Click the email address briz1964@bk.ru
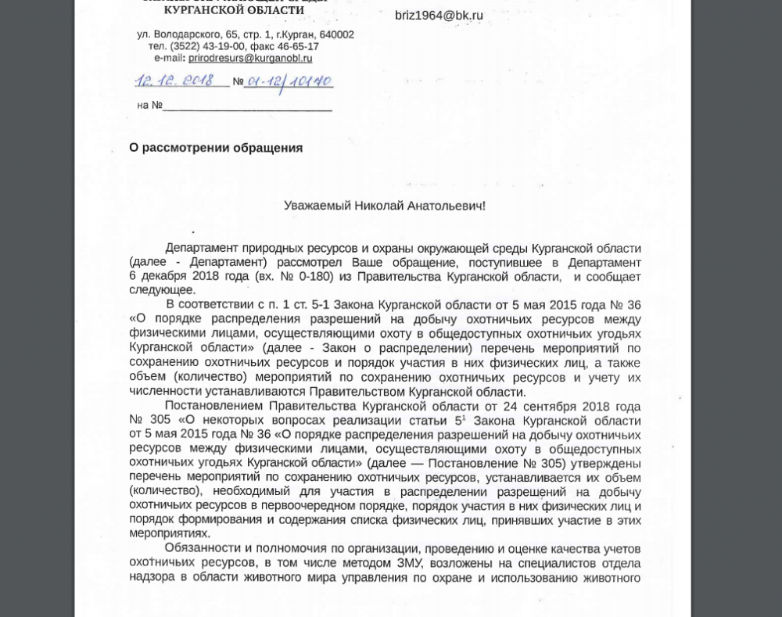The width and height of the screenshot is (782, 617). point(439,16)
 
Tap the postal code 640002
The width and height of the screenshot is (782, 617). point(336,35)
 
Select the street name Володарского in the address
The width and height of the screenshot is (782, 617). point(188,35)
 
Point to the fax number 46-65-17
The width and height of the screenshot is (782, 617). point(300,47)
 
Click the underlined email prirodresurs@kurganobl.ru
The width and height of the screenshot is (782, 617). point(250,59)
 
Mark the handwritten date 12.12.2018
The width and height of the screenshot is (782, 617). point(174,81)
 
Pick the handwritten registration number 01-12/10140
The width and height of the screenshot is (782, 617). point(289,81)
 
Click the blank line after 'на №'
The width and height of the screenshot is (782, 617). point(247,106)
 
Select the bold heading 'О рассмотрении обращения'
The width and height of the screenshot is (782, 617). point(216,148)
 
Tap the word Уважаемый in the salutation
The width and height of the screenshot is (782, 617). point(317,206)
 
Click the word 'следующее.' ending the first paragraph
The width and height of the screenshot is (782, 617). point(162,290)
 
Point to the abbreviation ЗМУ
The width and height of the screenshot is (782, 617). point(409,563)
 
